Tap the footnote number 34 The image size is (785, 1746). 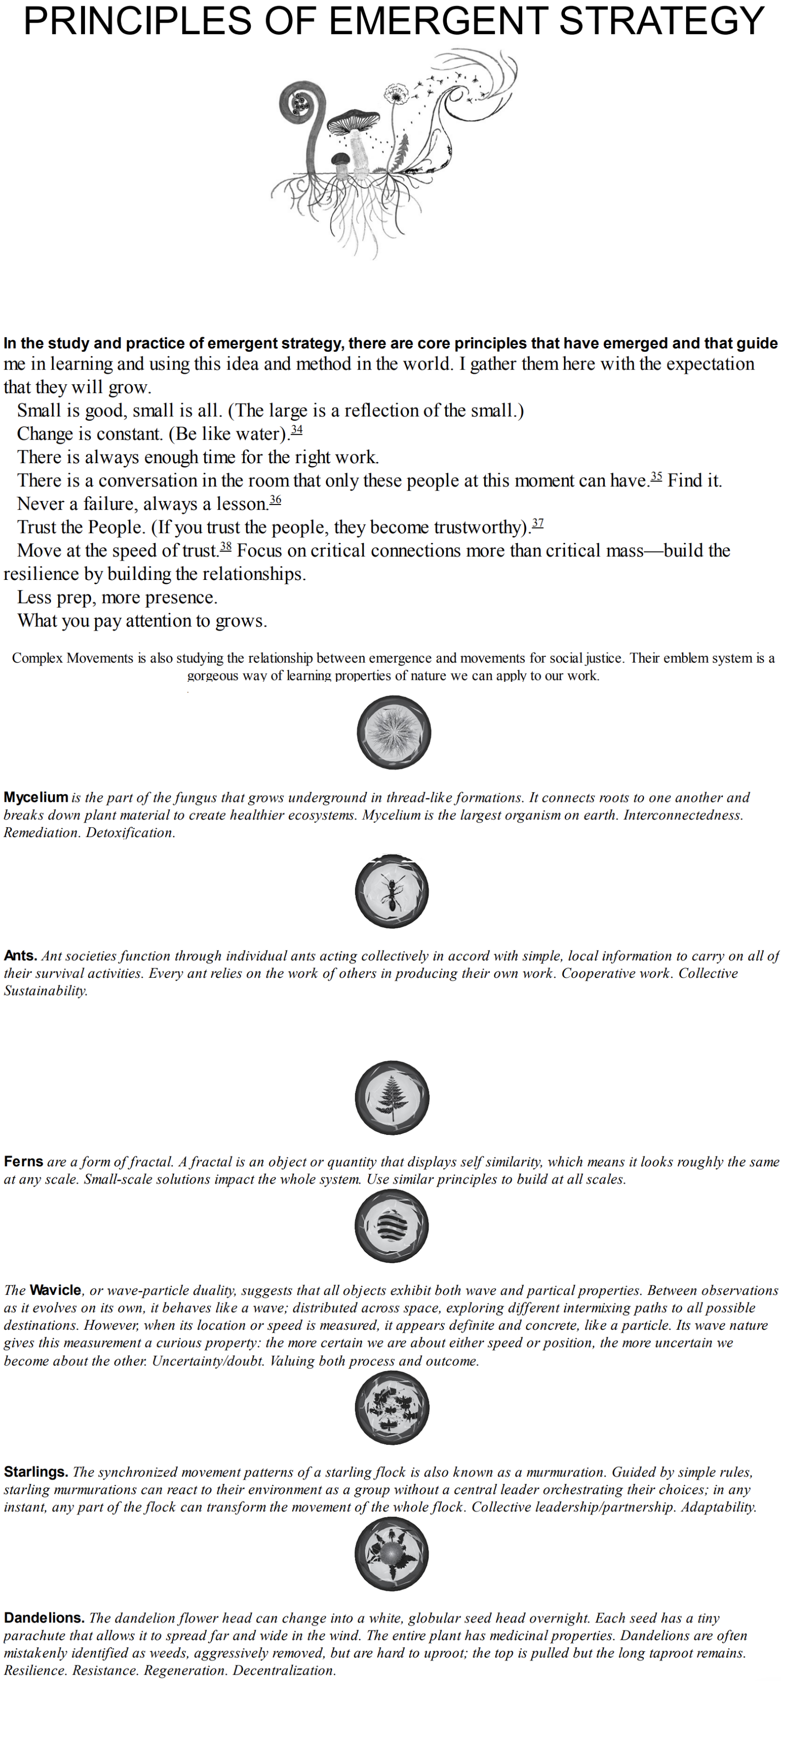296,430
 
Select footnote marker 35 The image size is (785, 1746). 655,477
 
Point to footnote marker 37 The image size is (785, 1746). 538,523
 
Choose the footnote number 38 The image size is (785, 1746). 226,546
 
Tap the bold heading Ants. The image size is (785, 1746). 20,956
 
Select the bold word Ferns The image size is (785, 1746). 23,1161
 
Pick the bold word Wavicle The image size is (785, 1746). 56,1290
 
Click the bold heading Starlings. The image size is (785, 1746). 35,1472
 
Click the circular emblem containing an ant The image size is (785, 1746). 392,891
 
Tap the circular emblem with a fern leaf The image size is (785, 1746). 392,1097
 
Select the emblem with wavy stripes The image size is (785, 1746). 392,1226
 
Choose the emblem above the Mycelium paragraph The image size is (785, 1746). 393,732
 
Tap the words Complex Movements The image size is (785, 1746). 73,658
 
